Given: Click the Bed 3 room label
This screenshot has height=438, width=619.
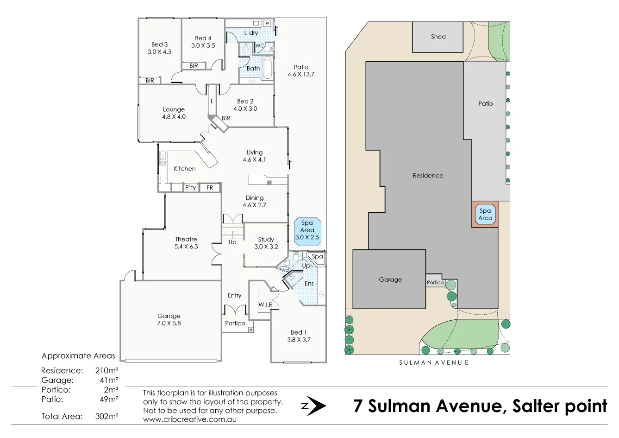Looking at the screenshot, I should (x=159, y=48).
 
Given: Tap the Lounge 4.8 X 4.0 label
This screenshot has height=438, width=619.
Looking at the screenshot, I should (x=174, y=113).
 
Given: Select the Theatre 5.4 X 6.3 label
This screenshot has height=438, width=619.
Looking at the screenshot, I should (x=186, y=243).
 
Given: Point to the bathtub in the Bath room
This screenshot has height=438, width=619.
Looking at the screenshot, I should (x=268, y=69).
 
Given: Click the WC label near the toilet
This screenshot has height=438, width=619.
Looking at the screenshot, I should (x=260, y=45).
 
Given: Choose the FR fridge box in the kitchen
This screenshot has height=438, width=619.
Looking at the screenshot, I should (x=210, y=188).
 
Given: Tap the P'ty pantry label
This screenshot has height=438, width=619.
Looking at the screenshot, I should (x=190, y=188).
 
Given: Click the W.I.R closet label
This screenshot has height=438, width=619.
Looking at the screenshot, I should (x=265, y=305).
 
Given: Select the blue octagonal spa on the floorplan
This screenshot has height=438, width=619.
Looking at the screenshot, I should (x=307, y=230).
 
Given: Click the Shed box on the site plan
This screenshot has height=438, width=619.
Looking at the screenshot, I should (x=438, y=37).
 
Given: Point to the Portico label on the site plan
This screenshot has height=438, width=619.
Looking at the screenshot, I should (x=435, y=282).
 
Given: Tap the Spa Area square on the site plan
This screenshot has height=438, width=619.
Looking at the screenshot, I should (x=485, y=214).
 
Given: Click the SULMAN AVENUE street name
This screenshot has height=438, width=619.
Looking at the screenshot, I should (x=434, y=362).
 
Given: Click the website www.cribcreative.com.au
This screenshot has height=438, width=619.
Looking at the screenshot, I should (x=189, y=419).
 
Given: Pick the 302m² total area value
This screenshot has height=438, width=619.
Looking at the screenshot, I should (x=106, y=416).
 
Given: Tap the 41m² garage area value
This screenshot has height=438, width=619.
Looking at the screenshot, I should (x=109, y=380).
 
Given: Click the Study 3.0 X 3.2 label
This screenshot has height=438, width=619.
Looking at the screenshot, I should (x=266, y=243).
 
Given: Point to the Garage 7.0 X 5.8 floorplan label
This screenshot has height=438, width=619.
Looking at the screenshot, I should (x=169, y=319).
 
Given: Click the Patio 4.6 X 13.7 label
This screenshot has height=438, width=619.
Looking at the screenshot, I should (x=300, y=70).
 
